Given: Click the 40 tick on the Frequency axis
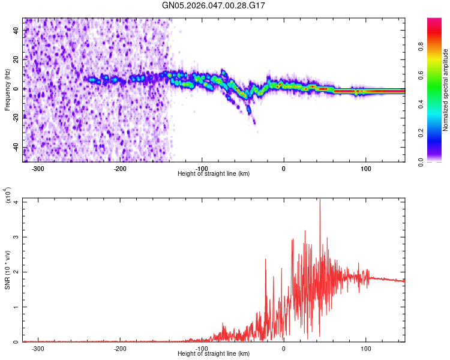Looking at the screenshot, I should [17, 30].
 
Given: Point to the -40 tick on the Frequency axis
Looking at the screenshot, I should [16, 148].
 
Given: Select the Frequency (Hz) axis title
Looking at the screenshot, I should [7, 90].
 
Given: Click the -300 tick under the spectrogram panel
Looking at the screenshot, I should [38, 168].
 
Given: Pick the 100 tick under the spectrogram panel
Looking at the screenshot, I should [365, 168].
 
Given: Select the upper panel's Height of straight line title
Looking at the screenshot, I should [214, 174].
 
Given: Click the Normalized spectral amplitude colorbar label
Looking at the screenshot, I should [446, 90].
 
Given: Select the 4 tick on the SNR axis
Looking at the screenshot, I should [17, 202].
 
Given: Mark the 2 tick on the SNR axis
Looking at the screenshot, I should [17, 272].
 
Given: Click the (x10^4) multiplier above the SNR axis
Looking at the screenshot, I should [7, 196].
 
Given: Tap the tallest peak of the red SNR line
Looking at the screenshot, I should [320, 200].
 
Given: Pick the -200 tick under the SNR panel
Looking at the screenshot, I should [120, 348].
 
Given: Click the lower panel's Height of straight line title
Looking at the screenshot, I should [214, 354].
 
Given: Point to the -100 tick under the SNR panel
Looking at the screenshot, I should [202, 348].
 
